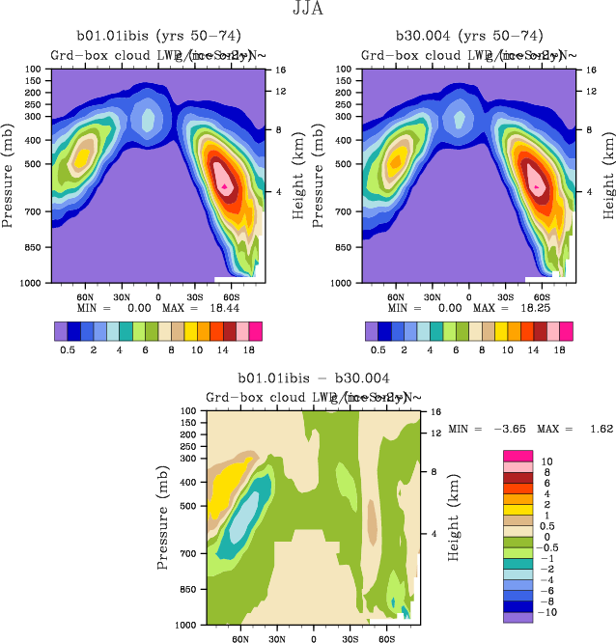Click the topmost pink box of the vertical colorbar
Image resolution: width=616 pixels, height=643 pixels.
click(518, 455)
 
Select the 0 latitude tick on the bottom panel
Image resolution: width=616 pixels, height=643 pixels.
click(313, 639)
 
